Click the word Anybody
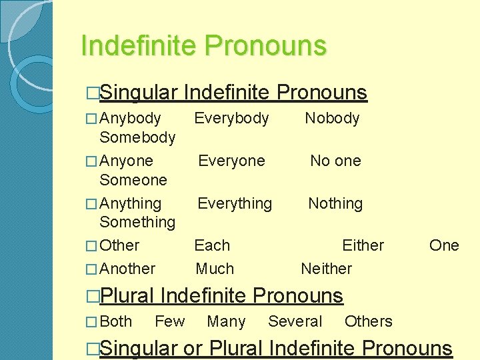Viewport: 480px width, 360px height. [x=130, y=119]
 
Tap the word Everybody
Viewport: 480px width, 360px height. [x=231, y=119]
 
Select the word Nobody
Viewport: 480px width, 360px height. [x=332, y=119]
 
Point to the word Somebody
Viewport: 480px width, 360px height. [x=137, y=138]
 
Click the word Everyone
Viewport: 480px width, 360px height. [x=231, y=161]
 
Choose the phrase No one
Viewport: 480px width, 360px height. [x=335, y=161]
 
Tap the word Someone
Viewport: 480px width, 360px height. [x=133, y=180]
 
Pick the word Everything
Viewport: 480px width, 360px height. [x=235, y=203]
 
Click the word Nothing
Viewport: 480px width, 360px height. [x=335, y=203]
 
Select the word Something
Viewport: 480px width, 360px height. [x=137, y=222]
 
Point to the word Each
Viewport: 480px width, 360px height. [x=212, y=245]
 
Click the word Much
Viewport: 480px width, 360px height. [x=215, y=269]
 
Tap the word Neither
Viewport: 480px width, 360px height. [x=327, y=269]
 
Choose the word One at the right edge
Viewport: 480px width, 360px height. [x=444, y=245]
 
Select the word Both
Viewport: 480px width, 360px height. [x=116, y=321]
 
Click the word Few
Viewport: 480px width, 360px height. [x=170, y=321]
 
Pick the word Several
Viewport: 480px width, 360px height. [x=295, y=321]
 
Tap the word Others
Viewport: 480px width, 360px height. [x=368, y=321]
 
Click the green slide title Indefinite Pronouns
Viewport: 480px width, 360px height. [x=203, y=46]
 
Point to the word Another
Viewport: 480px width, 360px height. [x=127, y=269]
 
